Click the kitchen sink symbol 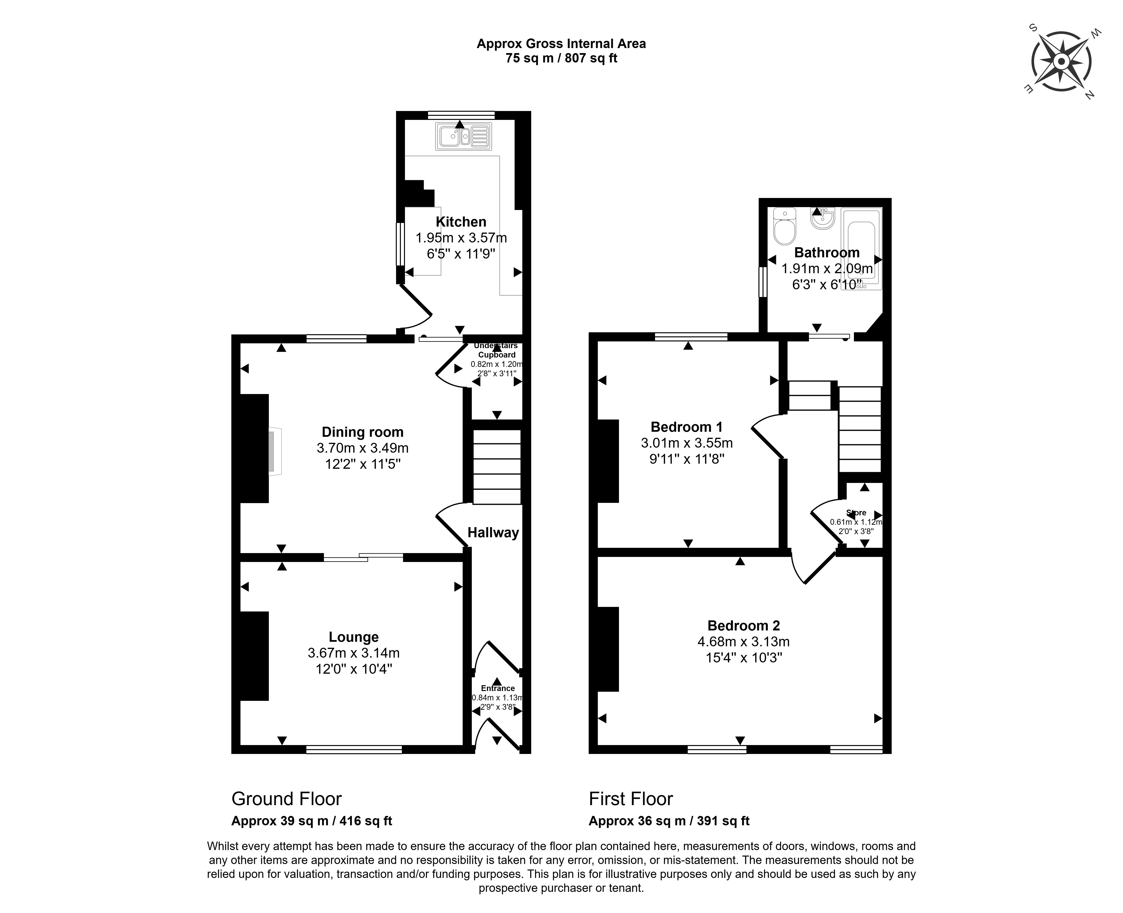point(463,137)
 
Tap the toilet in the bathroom point(785,228)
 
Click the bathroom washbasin point(822,218)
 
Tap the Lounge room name point(354,637)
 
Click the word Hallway point(493,533)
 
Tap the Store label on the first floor point(856,513)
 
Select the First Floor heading point(631,799)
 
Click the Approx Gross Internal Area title point(561,44)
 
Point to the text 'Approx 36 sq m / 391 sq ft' point(669,821)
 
